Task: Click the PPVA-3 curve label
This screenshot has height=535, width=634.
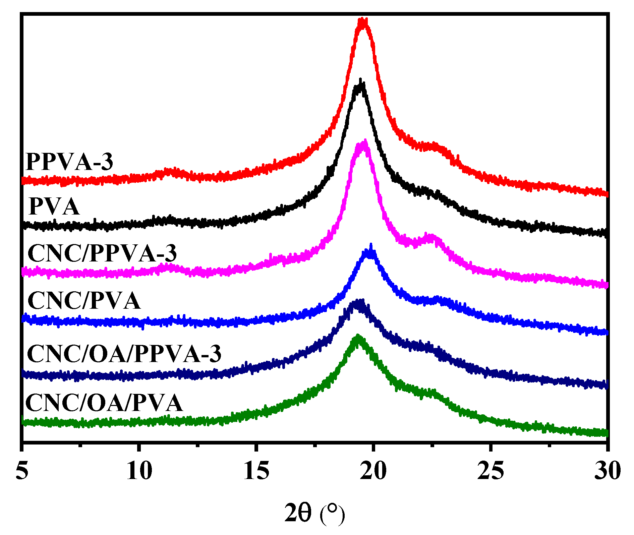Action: [x=69, y=162]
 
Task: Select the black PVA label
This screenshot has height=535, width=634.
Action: [x=54, y=207]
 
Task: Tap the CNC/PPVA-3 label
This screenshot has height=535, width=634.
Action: [x=102, y=253]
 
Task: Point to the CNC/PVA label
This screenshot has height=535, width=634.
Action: [x=84, y=301]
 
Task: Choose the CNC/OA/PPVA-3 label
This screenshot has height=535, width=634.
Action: [x=124, y=354]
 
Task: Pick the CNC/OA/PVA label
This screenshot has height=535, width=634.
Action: [x=104, y=403]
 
